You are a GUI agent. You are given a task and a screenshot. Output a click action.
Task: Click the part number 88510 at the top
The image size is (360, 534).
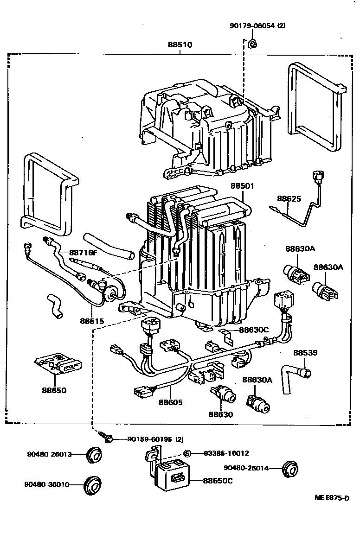tap(180, 45)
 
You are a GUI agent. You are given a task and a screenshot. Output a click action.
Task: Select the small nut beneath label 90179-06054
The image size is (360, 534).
tap(252, 44)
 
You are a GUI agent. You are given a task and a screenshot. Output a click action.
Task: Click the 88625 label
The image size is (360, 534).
tap(289, 199)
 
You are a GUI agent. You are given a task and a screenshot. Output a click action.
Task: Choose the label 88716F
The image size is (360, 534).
tap(83, 253)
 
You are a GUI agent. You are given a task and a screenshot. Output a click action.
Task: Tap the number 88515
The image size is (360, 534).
tap(91, 321)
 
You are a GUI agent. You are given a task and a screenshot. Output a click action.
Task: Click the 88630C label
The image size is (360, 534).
tap(254, 330)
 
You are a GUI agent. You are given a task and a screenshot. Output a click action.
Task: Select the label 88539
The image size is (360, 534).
tap(305, 353)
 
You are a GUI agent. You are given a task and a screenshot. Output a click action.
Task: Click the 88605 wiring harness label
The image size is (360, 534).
tap(170, 402)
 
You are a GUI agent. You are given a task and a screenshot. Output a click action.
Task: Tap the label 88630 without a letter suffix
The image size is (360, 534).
tap(220, 414)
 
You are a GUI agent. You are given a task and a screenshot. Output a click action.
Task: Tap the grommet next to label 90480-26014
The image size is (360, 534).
tap(290, 468)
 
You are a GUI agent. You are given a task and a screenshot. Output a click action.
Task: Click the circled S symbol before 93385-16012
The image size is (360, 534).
tap(187, 453)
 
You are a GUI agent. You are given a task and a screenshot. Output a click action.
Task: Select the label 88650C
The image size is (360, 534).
tap(218, 481)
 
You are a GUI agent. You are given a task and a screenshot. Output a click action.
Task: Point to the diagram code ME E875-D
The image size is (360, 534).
tap(331, 498)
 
